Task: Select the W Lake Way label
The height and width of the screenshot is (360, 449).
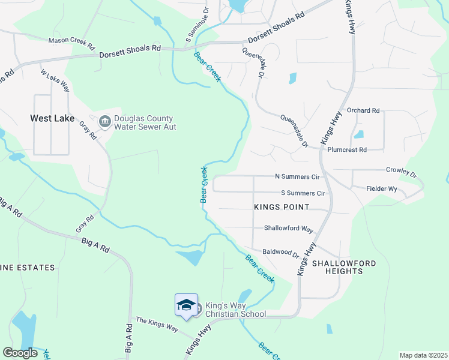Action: tap(55, 80)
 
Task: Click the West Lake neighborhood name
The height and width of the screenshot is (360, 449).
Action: tap(52, 118)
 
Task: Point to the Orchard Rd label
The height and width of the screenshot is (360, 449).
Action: tap(364, 110)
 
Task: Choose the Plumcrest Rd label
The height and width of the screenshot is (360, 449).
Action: tap(347, 150)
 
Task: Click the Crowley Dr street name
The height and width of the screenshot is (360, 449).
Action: tap(401, 172)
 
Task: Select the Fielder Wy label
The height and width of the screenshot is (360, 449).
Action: tap(382, 188)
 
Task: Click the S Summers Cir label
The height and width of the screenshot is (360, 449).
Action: tap(303, 193)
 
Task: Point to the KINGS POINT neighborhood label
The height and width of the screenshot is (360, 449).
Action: tap(282, 207)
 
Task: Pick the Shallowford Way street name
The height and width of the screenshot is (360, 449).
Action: tap(289, 229)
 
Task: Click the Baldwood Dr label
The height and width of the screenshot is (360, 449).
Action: tap(280, 253)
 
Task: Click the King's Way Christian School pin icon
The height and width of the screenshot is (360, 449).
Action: tap(186, 305)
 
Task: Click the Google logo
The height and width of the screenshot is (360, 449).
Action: tap(20, 353)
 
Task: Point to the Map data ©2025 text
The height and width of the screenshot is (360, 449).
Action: tap(423, 355)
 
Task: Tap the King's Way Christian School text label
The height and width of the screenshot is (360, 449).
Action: tap(235, 310)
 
